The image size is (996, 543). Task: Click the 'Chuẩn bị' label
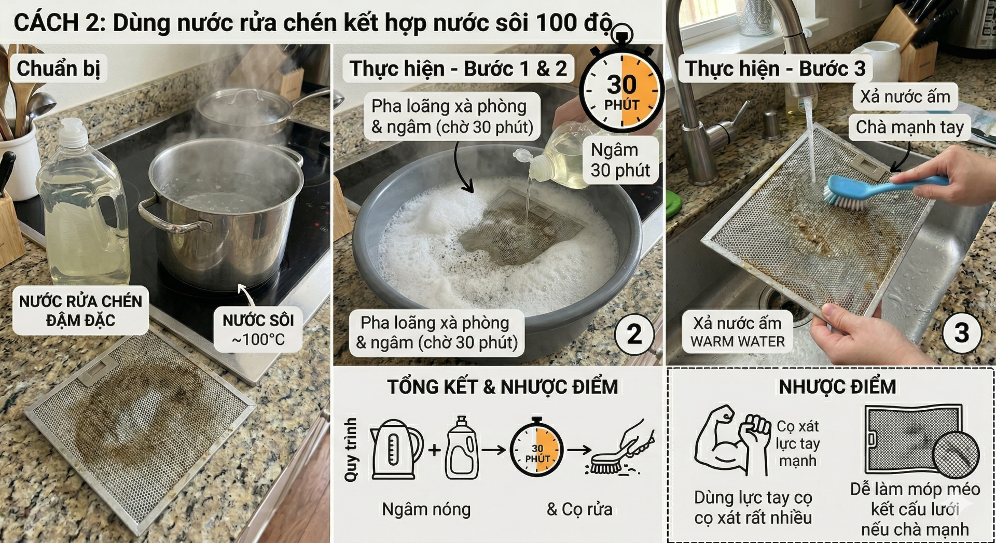58,68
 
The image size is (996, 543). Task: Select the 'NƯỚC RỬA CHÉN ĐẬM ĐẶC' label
80,310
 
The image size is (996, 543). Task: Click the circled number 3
961,333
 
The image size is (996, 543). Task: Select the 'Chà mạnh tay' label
909,127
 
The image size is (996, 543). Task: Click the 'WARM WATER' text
737,342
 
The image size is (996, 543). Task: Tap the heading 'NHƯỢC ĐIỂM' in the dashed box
837,387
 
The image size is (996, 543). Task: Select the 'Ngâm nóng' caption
426,509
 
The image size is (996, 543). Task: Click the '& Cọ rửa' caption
579,509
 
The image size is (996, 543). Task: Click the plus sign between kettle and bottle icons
435,449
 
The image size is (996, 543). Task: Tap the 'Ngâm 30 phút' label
620,160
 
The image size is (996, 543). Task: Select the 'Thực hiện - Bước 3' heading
775,68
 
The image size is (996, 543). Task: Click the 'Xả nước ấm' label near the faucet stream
905,96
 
